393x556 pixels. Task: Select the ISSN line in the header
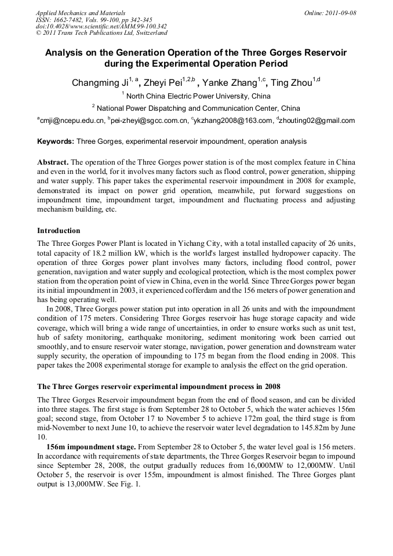(x=94, y=20)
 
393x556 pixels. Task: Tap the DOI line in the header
(x=101, y=26)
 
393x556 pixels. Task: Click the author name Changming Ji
(x=99, y=83)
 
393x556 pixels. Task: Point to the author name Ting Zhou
(x=292, y=83)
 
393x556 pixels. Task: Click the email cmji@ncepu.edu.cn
(x=72, y=121)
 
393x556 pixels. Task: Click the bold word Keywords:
(x=56, y=141)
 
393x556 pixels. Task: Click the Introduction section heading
(x=59, y=231)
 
